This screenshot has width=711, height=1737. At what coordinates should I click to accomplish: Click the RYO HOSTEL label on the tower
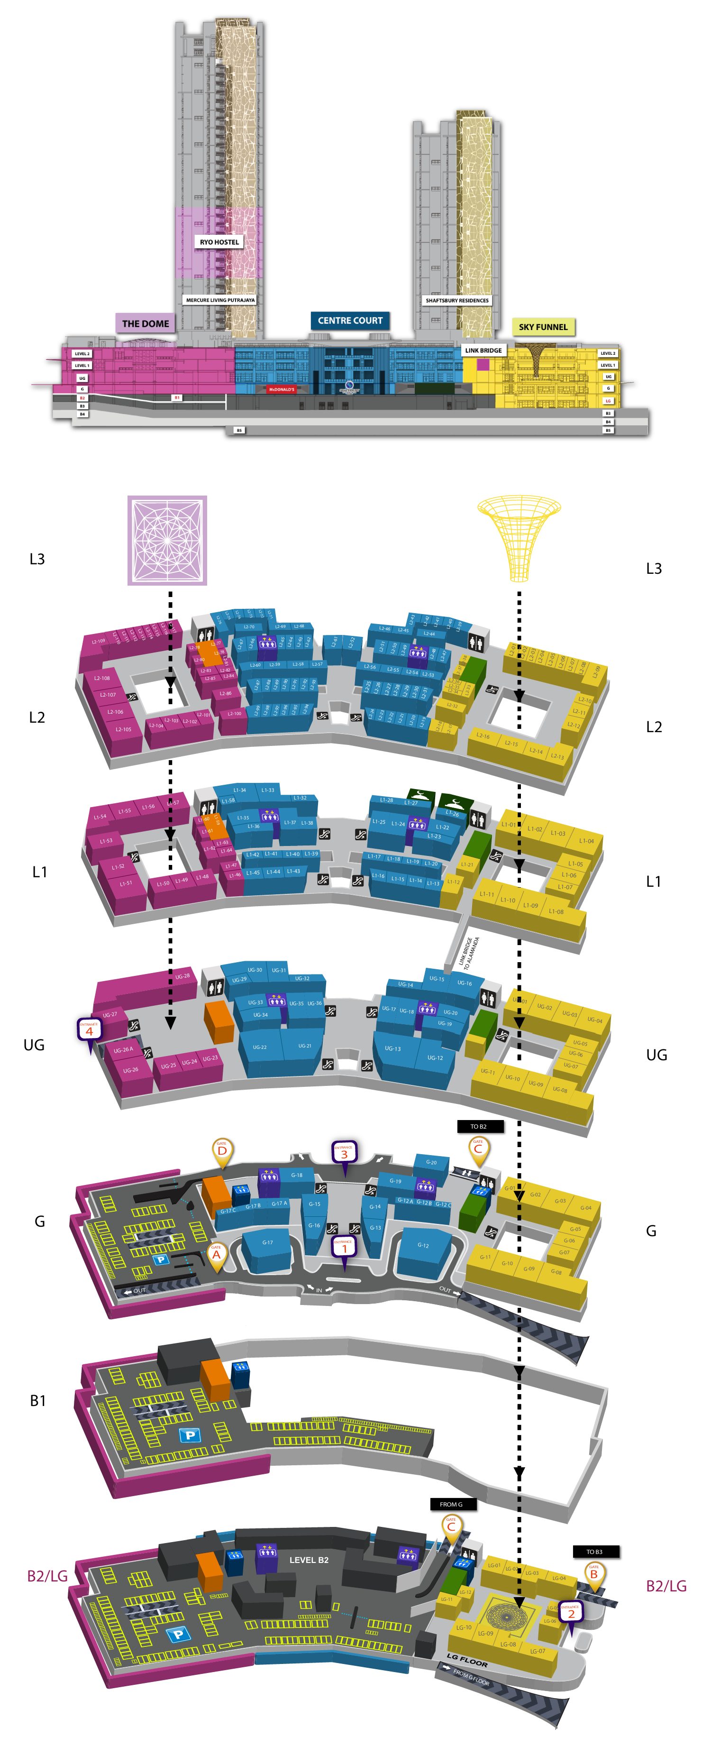point(219,241)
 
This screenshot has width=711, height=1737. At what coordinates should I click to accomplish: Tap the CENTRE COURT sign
point(350,320)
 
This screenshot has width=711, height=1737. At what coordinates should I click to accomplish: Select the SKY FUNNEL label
point(543,327)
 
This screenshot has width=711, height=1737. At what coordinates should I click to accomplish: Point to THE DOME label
point(146,324)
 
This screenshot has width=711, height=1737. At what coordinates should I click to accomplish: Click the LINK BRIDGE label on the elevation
point(483,350)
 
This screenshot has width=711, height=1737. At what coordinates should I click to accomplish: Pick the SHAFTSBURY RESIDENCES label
point(457,300)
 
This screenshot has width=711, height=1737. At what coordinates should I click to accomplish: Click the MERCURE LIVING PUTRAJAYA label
point(220,300)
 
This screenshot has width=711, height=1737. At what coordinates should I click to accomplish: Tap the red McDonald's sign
point(282,389)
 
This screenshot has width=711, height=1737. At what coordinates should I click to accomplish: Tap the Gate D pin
point(222,1149)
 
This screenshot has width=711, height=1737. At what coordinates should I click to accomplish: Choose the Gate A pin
point(216,1254)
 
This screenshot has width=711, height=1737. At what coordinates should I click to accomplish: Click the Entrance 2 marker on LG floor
point(570,1612)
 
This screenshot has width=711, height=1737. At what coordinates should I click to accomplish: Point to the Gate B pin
point(594,1573)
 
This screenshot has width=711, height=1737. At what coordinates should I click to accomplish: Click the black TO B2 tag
point(478,1126)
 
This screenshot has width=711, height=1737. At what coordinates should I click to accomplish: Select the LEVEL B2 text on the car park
point(309,1560)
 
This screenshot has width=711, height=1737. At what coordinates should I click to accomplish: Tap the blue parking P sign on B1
point(190,1434)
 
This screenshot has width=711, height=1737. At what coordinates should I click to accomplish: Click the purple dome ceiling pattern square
point(167,540)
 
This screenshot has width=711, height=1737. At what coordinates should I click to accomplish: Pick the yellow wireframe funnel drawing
point(519,536)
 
